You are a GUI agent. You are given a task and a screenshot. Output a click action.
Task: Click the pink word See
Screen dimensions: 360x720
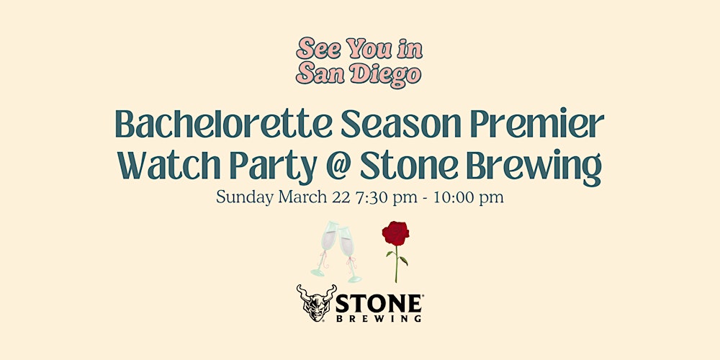(x=318, y=49)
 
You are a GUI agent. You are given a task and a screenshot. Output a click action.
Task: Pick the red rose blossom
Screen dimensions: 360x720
(x=395, y=233)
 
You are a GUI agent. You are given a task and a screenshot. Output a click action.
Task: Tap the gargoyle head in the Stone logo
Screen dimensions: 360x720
(x=316, y=303)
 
